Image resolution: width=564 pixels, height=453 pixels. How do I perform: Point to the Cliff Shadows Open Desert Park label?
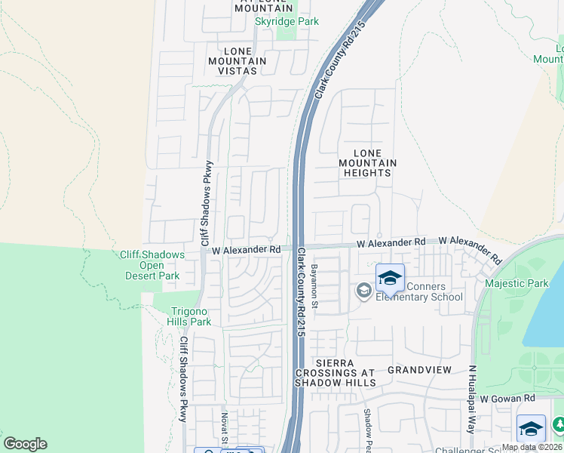point(152,265)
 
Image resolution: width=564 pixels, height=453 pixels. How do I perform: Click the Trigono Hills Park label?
point(189,316)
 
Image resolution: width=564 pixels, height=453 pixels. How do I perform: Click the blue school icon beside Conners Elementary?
point(390,279)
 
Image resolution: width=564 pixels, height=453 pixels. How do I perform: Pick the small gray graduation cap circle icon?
point(363,291)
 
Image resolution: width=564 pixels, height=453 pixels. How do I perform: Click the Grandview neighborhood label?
point(419,370)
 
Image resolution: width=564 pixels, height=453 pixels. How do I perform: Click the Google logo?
point(25,444)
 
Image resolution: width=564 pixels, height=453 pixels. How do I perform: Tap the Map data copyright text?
point(532,447)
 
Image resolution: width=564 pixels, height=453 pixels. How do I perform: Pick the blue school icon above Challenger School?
point(531,429)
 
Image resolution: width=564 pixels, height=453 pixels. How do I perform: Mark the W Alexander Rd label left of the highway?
point(246,249)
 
